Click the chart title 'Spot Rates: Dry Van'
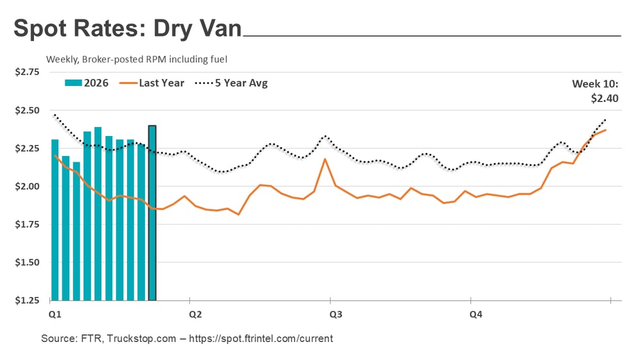pyautogui.click(x=127, y=30)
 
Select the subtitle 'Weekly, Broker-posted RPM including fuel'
pyautogui.click(x=137, y=59)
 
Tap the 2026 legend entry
pyautogui.click(x=87, y=83)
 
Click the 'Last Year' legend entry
pyautogui.click(x=153, y=83)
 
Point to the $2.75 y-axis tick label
pyautogui.click(x=26, y=72)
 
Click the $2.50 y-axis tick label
pyautogui.click(x=26, y=110)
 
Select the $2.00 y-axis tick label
pyautogui.click(x=26, y=187)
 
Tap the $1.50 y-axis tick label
pyautogui.click(x=26, y=262)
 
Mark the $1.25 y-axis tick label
pyautogui.click(x=26, y=300)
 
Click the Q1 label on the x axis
pyautogui.click(x=55, y=315)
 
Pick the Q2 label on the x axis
pyautogui.click(x=195, y=315)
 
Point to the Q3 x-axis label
pyautogui.click(x=335, y=315)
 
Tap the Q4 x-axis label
pyautogui.click(x=476, y=315)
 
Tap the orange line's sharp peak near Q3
pyautogui.click(x=325, y=159)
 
